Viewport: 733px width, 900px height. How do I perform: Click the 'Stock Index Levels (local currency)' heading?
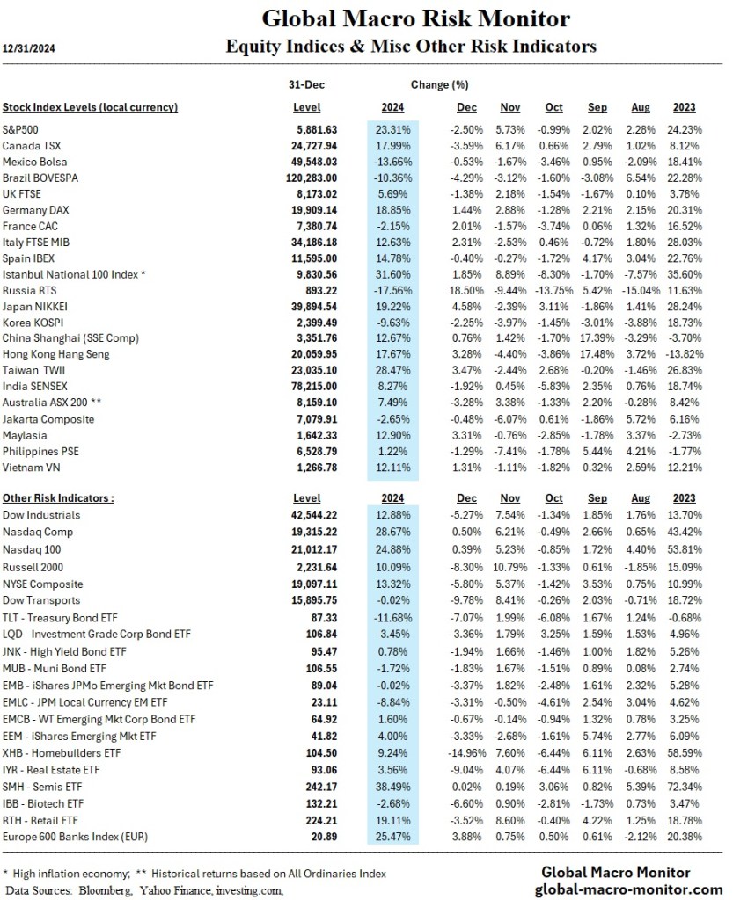point(90,107)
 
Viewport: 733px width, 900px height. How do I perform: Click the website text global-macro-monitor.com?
point(628,889)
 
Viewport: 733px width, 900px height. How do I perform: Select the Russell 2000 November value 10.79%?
point(510,567)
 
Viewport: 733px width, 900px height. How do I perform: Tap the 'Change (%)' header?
point(439,85)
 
